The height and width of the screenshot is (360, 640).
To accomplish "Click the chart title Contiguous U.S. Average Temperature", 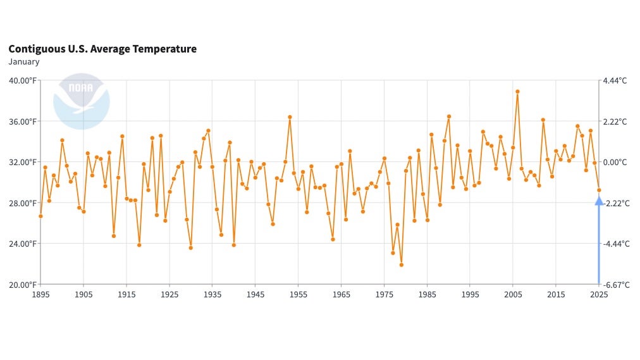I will [102, 49].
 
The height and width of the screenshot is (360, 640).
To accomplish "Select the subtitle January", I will [24, 62].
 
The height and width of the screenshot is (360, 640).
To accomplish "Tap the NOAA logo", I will [82, 101].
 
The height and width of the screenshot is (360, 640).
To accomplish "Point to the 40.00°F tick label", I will [22, 80].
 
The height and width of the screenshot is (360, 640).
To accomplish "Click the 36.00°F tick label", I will [22, 121].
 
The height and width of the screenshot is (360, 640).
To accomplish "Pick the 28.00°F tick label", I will [22, 203].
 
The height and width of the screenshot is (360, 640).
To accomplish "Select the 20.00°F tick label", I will [22, 285].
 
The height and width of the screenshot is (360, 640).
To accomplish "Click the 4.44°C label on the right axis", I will [615, 80].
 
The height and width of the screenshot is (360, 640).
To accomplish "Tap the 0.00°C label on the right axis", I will [615, 162].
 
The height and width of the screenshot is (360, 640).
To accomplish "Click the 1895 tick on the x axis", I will [40, 295].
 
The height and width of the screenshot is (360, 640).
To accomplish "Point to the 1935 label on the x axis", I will [212, 295].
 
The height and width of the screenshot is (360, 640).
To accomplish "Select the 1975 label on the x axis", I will [385, 295].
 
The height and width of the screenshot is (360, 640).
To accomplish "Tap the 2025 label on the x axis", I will [599, 295].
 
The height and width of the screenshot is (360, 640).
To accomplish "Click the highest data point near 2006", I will [517, 91].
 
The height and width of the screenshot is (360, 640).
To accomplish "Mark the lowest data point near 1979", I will [401, 265].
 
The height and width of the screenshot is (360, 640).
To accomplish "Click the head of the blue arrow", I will [599, 200].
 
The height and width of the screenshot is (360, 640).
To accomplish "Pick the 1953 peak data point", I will [290, 117].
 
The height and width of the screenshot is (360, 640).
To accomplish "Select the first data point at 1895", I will [40, 216].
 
